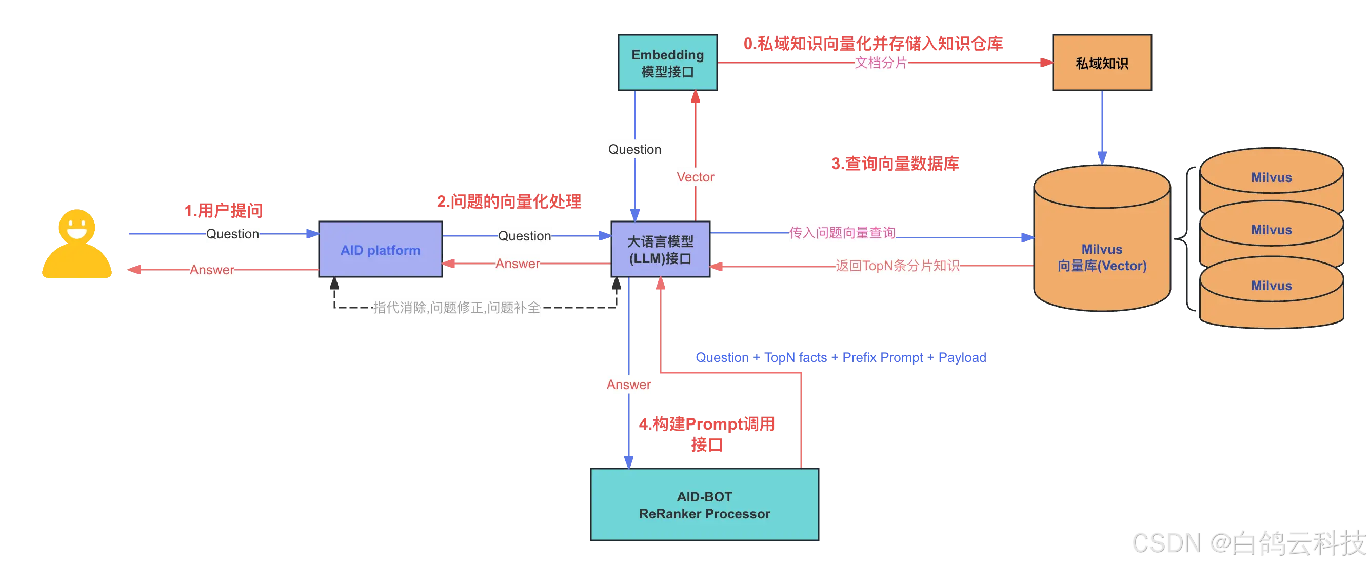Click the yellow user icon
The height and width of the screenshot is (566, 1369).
(77, 244)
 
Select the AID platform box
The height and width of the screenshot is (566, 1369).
(380, 250)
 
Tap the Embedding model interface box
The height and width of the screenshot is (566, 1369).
(667, 63)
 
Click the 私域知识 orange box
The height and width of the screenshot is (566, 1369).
(1102, 63)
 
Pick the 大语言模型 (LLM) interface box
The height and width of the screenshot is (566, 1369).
(660, 250)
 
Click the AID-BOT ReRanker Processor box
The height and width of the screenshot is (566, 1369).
(704, 504)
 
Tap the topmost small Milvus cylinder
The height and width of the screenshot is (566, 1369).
(1271, 177)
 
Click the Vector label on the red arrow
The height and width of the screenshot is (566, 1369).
(695, 177)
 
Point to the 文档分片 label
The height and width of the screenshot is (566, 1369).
(881, 63)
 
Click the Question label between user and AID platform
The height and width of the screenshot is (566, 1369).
(232, 234)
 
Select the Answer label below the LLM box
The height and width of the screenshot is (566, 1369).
(629, 385)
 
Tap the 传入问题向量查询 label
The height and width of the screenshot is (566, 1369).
(842, 233)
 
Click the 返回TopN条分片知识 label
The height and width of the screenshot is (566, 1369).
(897, 266)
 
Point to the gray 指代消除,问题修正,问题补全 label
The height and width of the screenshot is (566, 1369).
(456, 308)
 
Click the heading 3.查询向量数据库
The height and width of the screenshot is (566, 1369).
(895, 164)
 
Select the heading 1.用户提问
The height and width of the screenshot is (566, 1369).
(223, 211)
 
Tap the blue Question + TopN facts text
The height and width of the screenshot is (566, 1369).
(840, 357)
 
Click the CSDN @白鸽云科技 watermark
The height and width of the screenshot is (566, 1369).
(1247, 542)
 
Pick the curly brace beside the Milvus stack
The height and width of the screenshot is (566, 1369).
(1185, 239)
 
